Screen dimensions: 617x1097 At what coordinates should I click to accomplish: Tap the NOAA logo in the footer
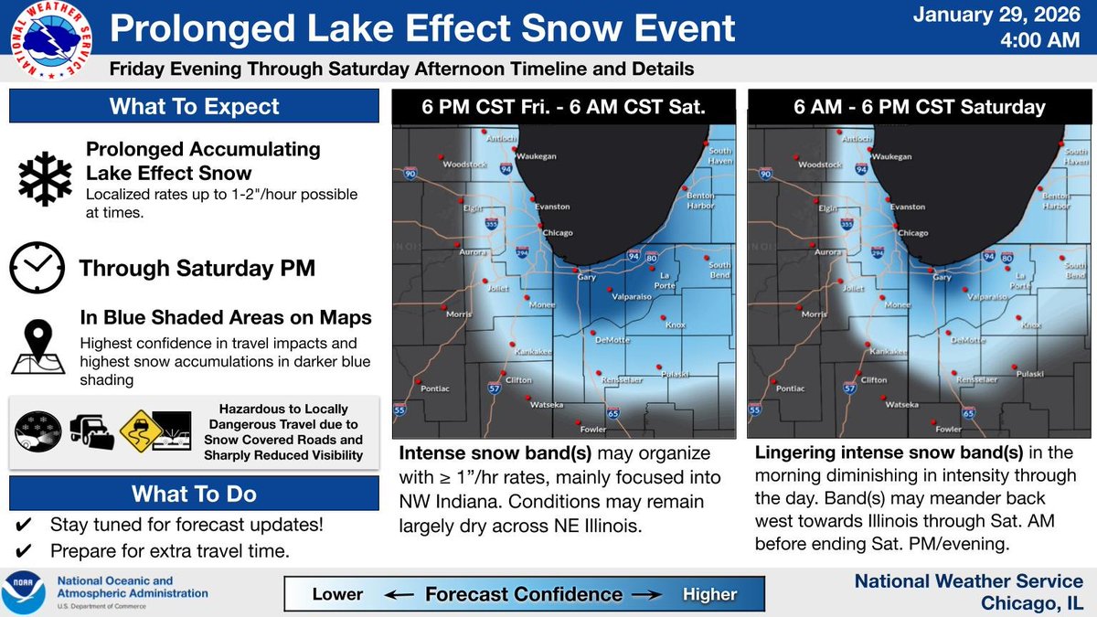coord(27,592)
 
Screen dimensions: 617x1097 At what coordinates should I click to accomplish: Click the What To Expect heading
coord(194,107)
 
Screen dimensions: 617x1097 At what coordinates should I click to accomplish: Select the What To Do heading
coord(194,495)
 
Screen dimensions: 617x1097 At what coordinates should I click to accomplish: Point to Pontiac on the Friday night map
coord(436,388)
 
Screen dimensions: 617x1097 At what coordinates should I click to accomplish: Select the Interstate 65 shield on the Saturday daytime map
coord(967,414)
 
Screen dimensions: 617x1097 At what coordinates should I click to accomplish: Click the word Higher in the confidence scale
coord(709,594)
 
